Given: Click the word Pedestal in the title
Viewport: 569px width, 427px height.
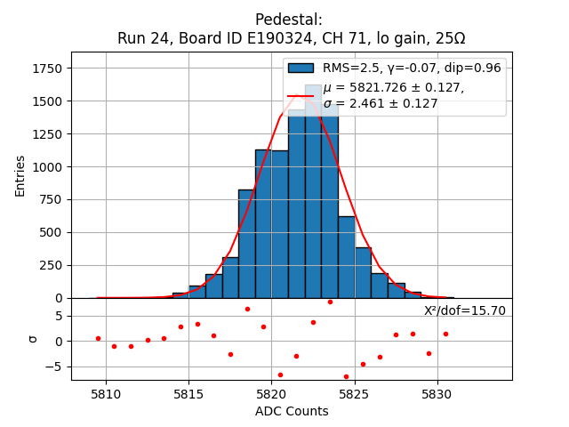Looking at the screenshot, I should coord(289,20).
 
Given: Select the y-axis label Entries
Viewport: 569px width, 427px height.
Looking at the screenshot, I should coord(20,175).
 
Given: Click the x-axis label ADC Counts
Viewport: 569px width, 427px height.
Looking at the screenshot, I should coord(292,411).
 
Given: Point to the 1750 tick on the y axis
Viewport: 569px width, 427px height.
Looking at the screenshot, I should coord(48,68).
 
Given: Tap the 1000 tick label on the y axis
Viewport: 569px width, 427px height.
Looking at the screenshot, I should coord(48,167).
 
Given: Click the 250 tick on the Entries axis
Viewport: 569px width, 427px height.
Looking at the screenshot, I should coord(53,265).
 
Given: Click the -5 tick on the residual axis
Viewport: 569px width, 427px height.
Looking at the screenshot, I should coord(56,367).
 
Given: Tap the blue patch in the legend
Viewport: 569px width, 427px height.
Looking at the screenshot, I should coord(301,68).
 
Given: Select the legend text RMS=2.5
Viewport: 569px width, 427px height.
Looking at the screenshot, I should coord(349,68).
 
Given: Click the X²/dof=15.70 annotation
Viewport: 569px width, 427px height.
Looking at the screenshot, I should coord(464,310).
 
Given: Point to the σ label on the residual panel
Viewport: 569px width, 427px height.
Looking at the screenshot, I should coord(33,339).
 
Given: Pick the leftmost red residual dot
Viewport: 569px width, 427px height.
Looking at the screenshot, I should coord(98,338).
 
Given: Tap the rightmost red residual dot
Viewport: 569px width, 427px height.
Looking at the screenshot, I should coord(445,334).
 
